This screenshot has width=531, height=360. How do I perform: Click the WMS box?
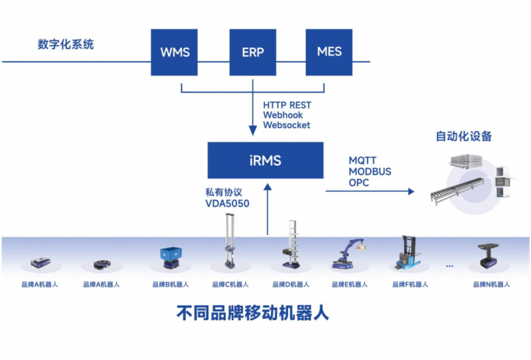pyautogui.click(x=175, y=51)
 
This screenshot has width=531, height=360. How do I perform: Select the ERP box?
pyautogui.click(x=252, y=51)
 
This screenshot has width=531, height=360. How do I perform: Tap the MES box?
pyautogui.click(x=329, y=51)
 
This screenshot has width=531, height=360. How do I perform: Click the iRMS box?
pyautogui.click(x=265, y=159)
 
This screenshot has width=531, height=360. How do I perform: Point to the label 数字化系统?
pyautogui.click(x=66, y=45)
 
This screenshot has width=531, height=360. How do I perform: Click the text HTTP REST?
pyautogui.click(x=287, y=105)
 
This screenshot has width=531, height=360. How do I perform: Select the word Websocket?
pyautogui.click(x=286, y=125)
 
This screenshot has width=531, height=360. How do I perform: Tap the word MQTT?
pyautogui.click(x=364, y=161)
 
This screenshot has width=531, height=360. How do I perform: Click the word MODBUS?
pyautogui.click(x=370, y=171)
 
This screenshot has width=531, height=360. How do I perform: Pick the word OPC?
pyautogui.click(x=358, y=182)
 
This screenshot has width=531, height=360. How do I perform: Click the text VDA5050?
pyautogui.click(x=228, y=204)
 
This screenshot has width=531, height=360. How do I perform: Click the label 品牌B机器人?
pyautogui.click(x=171, y=284)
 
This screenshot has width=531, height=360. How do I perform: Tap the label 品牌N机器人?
pyautogui.click(x=491, y=284)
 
